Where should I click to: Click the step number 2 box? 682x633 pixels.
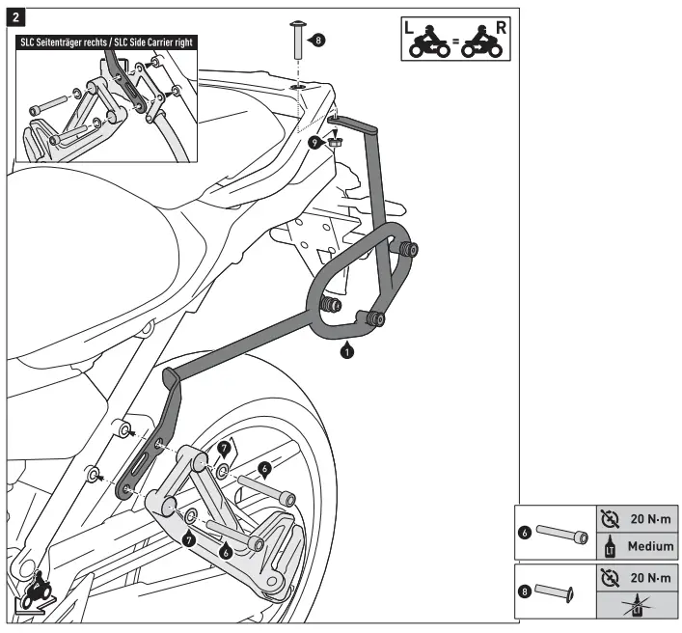(x=20, y=18)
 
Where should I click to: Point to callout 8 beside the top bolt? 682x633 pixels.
(x=319, y=41)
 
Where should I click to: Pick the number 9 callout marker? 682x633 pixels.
(x=314, y=142)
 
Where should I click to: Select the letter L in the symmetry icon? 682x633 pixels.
(x=410, y=26)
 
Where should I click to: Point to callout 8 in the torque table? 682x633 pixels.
(x=525, y=591)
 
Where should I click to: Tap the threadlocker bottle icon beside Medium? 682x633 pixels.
(x=609, y=546)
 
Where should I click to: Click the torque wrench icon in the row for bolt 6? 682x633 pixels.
(x=609, y=519)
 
